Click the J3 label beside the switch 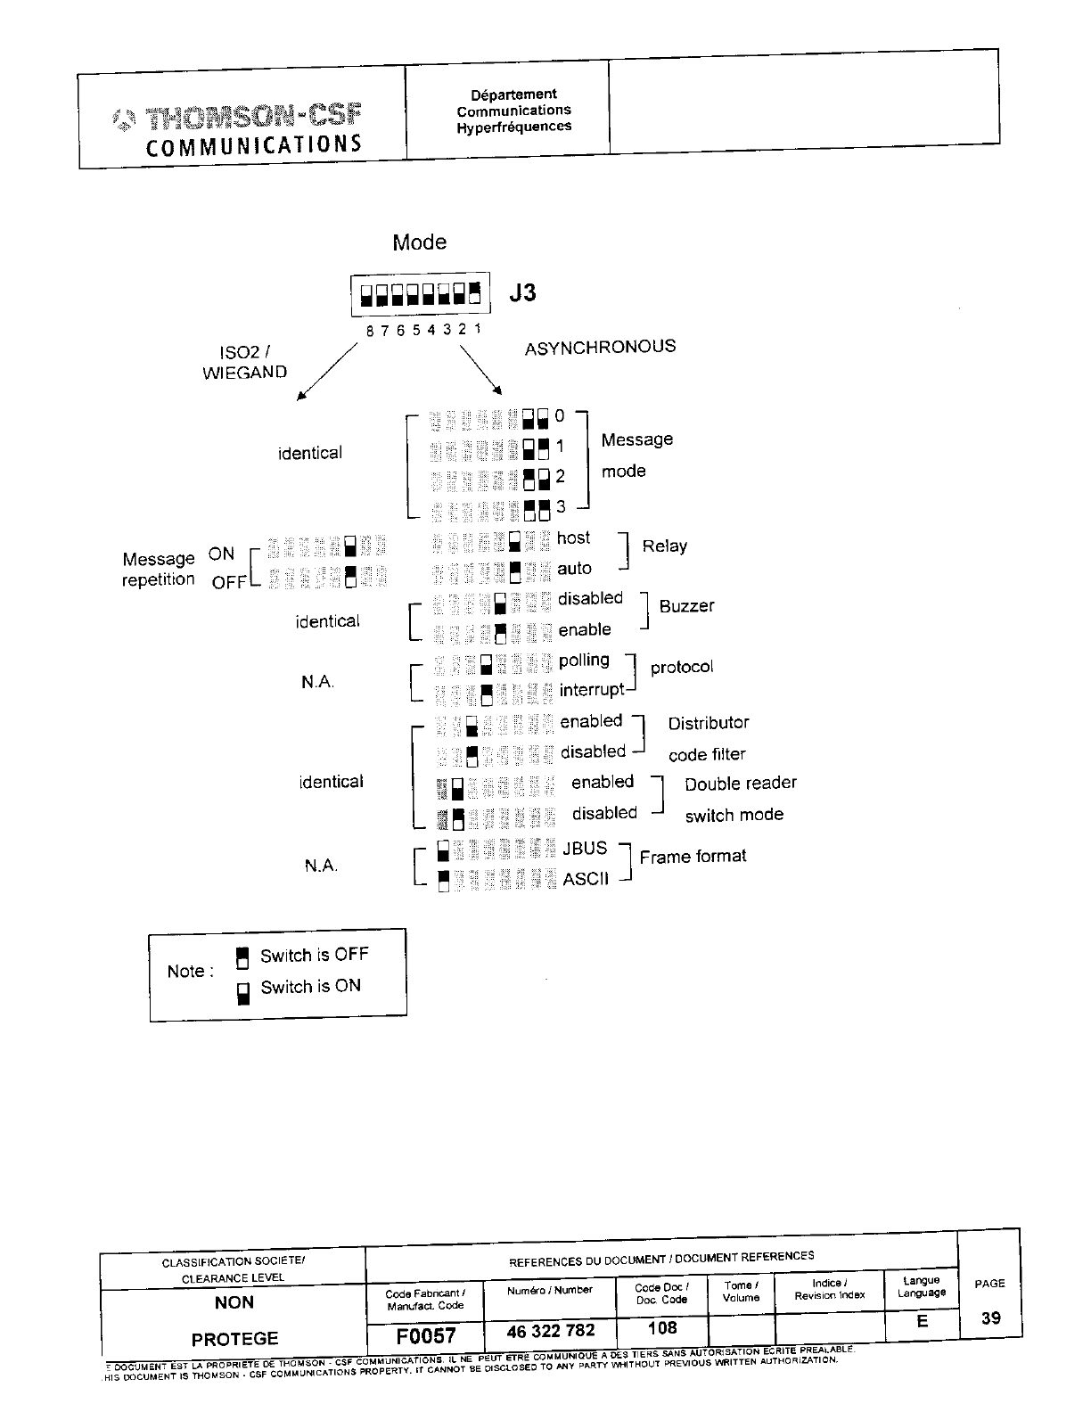coord(522,292)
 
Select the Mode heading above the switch coord(419,242)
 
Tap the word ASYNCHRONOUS coord(600,347)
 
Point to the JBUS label coord(585,848)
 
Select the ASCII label coord(586,879)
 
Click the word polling coord(584,660)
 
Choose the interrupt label coord(592,690)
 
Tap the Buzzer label coord(686,606)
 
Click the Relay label coord(664,546)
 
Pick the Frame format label coord(693,856)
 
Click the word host coord(573,538)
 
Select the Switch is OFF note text coord(314,956)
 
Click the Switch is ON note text coord(310,987)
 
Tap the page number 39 coord(990,1318)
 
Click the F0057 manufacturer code coord(426,1335)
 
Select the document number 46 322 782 coord(550,1331)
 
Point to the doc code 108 coord(662,1328)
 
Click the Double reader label coord(741,783)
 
